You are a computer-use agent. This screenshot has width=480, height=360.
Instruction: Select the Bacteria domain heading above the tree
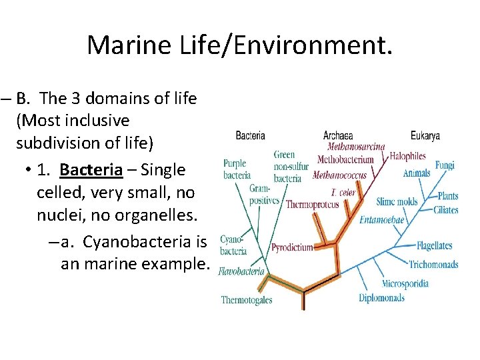pos(250,135)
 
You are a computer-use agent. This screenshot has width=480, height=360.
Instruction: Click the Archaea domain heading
pos(338,135)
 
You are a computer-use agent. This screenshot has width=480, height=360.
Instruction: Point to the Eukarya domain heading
pos(425,135)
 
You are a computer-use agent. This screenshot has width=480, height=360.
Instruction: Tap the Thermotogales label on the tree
pos(247,300)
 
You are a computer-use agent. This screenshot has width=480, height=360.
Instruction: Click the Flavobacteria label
pos(242,272)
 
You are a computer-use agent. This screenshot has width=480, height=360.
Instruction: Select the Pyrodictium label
pos(292,247)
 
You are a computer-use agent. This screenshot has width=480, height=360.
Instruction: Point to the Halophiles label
pos(407,156)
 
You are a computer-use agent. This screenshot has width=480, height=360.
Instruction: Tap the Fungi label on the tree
pos(445,165)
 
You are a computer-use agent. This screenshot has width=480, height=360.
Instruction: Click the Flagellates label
pos(434,245)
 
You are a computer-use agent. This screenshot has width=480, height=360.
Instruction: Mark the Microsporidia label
pos(405,283)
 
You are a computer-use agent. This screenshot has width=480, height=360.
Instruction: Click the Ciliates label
pos(445,210)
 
